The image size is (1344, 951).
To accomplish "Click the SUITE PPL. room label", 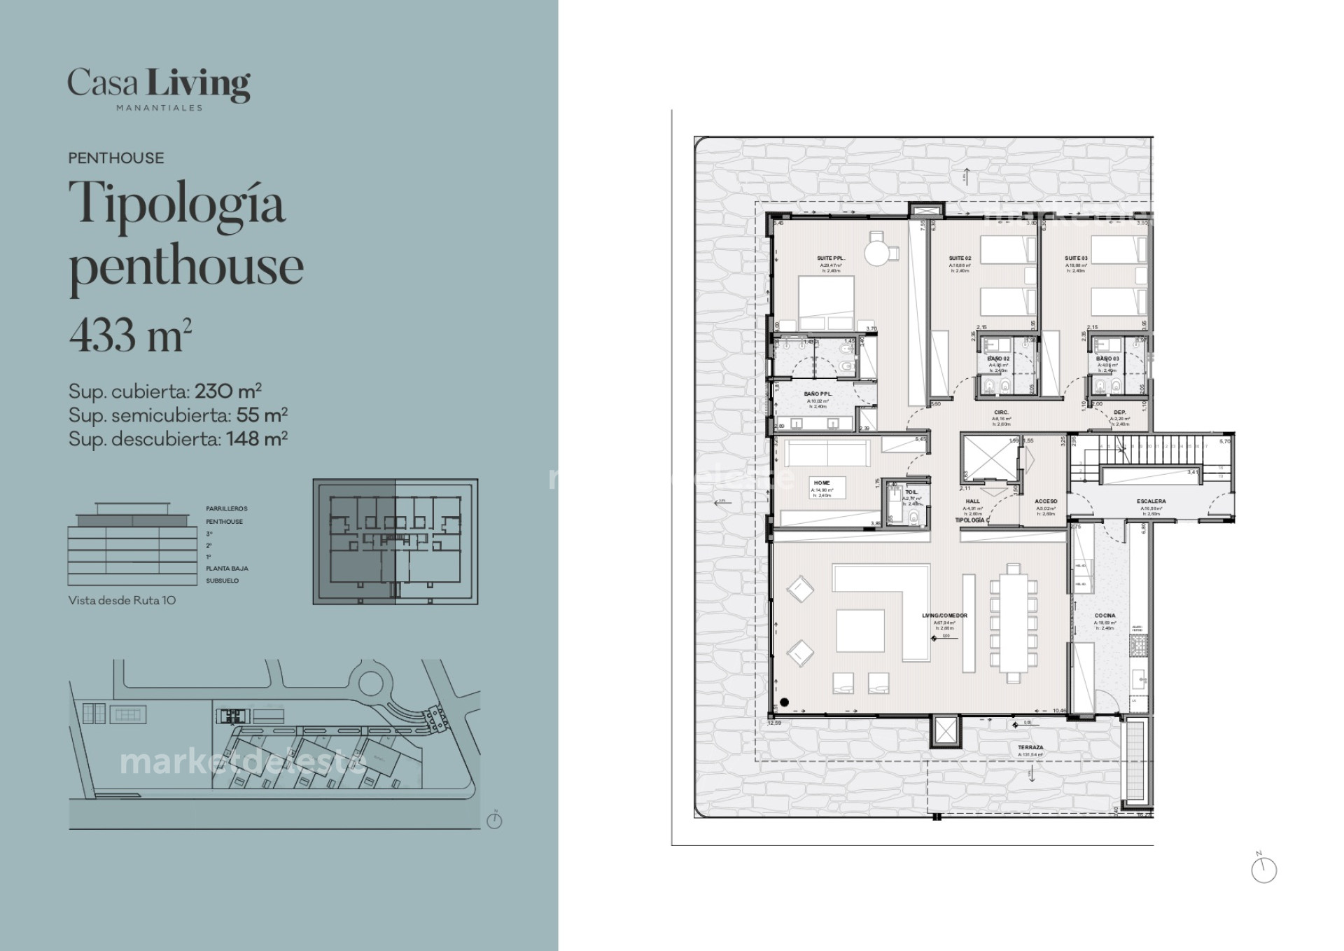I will pyautogui.click(x=831, y=258).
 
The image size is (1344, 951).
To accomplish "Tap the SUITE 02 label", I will pyautogui.click(x=960, y=258).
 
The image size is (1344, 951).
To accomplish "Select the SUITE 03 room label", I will pyautogui.click(x=1076, y=258).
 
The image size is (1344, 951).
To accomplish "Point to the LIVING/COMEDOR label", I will pyautogui.click(x=944, y=616).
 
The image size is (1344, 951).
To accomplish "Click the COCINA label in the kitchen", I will pyautogui.click(x=1105, y=616).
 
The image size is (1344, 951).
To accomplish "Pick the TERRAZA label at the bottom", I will pyautogui.click(x=1030, y=748).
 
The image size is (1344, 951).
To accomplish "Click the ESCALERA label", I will pyautogui.click(x=1151, y=501).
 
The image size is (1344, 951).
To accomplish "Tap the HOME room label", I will pyautogui.click(x=822, y=483).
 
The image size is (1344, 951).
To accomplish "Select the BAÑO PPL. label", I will pyautogui.click(x=818, y=394).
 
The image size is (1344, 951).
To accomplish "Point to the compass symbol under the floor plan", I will pyautogui.click(x=1263, y=869).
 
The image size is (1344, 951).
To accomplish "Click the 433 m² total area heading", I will pyautogui.click(x=130, y=335).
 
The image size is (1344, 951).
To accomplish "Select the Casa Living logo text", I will pyautogui.click(x=159, y=85).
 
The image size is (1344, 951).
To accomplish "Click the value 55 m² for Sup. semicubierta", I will pyautogui.click(x=262, y=415).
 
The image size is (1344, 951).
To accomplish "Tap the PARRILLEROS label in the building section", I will pyautogui.click(x=226, y=509).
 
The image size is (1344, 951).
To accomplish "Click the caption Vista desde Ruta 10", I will pyautogui.click(x=122, y=600).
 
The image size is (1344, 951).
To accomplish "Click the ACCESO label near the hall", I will pyautogui.click(x=1046, y=501).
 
